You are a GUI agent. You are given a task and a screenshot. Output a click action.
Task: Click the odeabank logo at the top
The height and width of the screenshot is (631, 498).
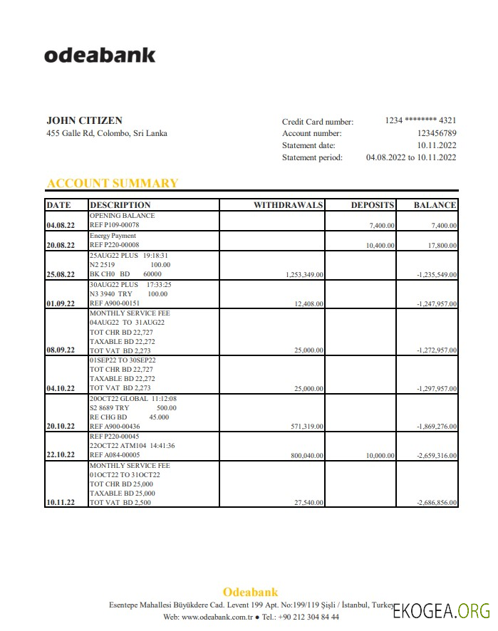(100, 55)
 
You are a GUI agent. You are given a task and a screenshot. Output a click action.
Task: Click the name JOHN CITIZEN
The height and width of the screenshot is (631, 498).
(84, 120)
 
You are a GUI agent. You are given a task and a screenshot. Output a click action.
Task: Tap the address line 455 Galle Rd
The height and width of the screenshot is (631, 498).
(107, 133)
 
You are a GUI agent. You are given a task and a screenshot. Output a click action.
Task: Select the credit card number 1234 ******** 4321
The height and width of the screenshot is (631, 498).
(420, 120)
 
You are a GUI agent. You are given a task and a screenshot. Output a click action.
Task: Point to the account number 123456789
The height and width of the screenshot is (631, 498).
(437, 133)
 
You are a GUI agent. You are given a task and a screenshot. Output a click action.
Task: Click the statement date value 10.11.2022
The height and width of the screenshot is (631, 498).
(437, 145)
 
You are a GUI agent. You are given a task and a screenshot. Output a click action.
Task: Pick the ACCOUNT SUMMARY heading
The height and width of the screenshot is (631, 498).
(113, 183)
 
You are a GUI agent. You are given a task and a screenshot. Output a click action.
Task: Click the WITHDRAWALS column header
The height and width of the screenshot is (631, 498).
(288, 205)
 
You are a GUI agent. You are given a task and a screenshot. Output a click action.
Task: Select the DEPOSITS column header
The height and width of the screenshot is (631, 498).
(372, 205)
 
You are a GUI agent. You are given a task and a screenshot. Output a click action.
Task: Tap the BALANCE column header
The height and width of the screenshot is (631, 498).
(435, 205)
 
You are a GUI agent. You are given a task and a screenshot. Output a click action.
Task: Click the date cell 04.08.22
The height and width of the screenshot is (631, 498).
(61, 225)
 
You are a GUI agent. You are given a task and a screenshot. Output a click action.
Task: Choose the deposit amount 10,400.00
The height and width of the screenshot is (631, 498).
(380, 245)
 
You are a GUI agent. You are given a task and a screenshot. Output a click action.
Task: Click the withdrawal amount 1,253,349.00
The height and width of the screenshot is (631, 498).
(304, 274)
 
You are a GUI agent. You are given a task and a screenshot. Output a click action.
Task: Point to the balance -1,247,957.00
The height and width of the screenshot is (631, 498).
(437, 303)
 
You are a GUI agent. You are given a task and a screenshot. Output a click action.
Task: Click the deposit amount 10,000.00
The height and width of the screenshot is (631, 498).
(380, 455)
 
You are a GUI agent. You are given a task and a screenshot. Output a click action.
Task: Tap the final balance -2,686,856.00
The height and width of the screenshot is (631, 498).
(437, 503)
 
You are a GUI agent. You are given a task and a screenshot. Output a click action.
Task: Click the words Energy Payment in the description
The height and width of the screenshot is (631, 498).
(113, 236)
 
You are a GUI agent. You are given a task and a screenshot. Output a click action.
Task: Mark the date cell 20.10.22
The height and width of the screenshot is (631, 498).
(61, 426)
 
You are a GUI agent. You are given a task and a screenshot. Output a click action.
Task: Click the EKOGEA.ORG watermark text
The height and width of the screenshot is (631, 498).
(441, 610)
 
